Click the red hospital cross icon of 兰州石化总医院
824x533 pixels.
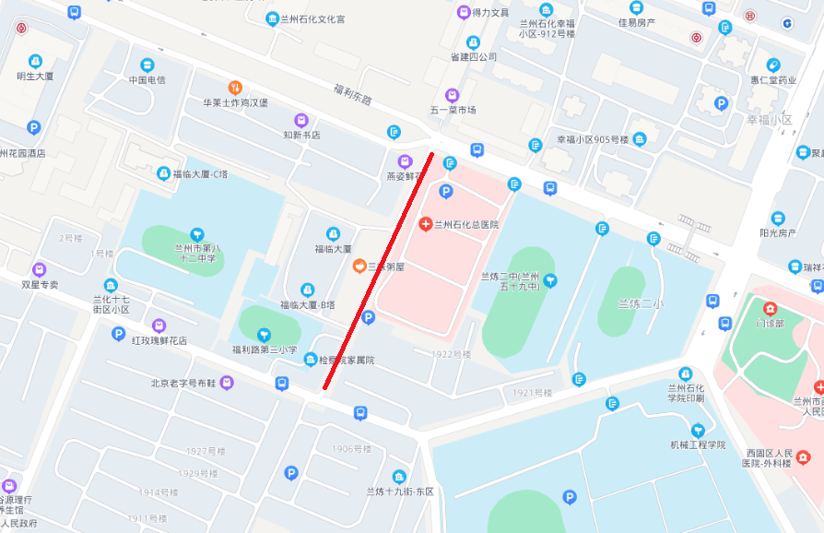pyautogui.click(x=426, y=224)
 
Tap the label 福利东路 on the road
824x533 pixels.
pyautogui.click(x=352, y=92)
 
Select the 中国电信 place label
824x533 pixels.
pyautogui.click(x=147, y=80)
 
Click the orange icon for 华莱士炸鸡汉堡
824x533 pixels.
pyautogui.click(x=235, y=88)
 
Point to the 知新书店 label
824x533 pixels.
pyautogui.click(x=301, y=135)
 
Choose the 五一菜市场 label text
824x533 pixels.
pyautogui.click(x=452, y=110)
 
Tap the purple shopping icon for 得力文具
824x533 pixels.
pyautogui.click(x=463, y=13)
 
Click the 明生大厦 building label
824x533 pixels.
pyautogui.click(x=35, y=76)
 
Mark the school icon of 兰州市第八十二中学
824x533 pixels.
pyautogui.click(x=195, y=234)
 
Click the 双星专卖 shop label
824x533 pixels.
pyautogui.click(x=40, y=285)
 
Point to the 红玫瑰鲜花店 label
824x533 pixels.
pyautogui.click(x=159, y=340)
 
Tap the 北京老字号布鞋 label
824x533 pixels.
pyautogui.click(x=183, y=383)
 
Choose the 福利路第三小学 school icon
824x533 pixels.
pyautogui.click(x=264, y=335)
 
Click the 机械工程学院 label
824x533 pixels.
pyautogui.click(x=698, y=445)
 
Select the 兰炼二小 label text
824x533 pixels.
pyautogui.click(x=640, y=303)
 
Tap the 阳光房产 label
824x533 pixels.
pyautogui.click(x=778, y=233)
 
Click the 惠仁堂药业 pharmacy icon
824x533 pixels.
pyautogui.click(x=772, y=65)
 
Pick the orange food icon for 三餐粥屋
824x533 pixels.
pyautogui.click(x=359, y=266)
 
